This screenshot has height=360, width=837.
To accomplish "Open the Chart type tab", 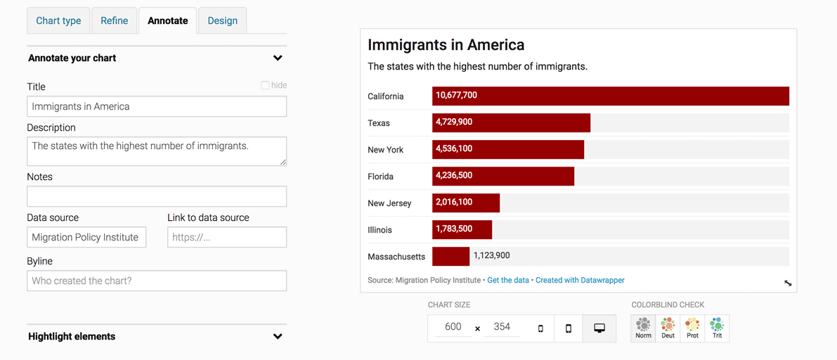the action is [x=59, y=21].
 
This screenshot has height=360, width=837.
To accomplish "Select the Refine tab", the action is [x=115, y=21].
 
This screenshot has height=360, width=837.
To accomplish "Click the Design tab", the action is [x=223, y=21].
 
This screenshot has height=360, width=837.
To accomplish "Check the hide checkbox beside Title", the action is [x=265, y=86].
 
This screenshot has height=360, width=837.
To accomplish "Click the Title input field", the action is [x=157, y=106].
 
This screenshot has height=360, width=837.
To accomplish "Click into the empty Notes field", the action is [x=157, y=197].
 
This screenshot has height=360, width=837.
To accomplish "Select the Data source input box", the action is [x=86, y=237].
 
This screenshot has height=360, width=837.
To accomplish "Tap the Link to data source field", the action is [x=227, y=237].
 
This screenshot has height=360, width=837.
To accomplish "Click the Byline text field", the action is [x=157, y=281].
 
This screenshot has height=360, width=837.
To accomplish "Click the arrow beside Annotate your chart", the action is [x=278, y=58].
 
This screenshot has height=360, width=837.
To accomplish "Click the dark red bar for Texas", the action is [x=512, y=123].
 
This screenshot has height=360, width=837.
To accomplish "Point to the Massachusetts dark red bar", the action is [x=451, y=257].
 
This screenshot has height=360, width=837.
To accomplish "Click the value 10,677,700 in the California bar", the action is [x=456, y=96].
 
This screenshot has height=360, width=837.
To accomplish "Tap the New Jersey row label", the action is [x=389, y=203].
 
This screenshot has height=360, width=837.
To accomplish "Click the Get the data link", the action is [x=508, y=280].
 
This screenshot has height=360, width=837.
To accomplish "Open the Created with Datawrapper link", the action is [x=580, y=280].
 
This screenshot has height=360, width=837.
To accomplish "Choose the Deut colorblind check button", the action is [x=668, y=328].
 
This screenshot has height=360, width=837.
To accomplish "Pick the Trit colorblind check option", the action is [x=717, y=328].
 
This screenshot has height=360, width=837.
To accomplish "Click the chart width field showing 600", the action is [x=453, y=327].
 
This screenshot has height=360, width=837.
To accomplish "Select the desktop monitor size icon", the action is [x=599, y=328].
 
